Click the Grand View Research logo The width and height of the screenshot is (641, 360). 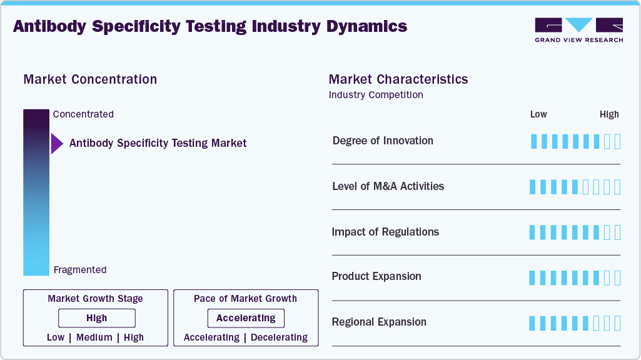click(578, 30)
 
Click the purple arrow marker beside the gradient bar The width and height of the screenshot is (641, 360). click(57, 143)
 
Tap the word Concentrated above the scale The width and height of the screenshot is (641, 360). click(83, 114)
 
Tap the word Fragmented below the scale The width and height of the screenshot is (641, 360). click(80, 270)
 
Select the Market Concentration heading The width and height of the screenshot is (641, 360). click(90, 79)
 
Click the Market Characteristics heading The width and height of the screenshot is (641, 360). click(398, 79)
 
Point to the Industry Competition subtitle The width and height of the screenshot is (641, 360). click(376, 95)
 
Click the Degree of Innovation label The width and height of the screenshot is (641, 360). click(383, 141)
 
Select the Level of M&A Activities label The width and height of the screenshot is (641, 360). click(388, 186)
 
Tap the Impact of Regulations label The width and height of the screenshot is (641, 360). click(385, 232)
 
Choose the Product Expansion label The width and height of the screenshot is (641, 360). click(376, 276)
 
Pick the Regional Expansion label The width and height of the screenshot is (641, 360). click(379, 322)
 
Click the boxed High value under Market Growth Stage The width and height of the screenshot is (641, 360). click(97, 318)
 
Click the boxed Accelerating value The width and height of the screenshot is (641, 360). click(246, 318)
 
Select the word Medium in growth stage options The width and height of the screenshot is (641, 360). click(94, 337)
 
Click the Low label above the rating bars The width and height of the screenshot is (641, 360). click(538, 114)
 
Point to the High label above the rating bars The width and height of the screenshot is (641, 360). click(609, 114)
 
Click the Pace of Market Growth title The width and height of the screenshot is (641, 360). click(245, 299)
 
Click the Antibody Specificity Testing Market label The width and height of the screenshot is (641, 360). click(158, 143)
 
